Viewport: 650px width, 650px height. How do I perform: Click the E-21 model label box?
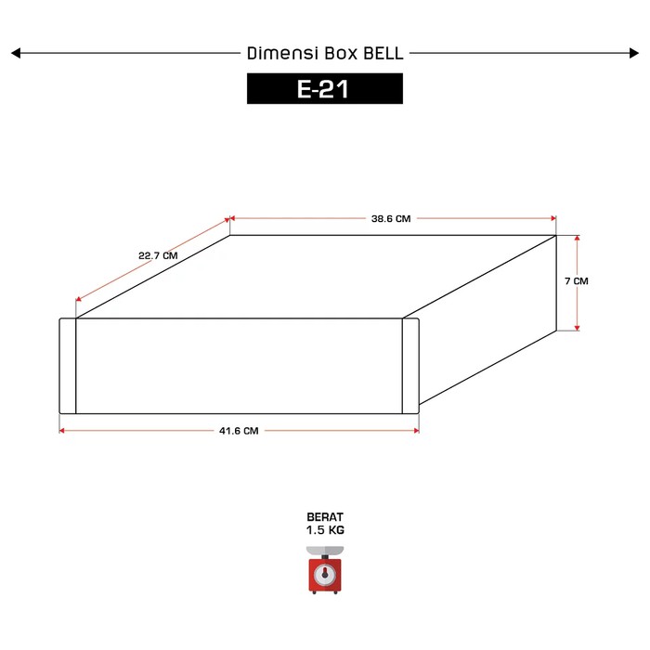[x=325, y=88]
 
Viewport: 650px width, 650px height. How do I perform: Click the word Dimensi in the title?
[x=282, y=53]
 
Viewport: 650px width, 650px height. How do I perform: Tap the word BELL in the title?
[x=383, y=53]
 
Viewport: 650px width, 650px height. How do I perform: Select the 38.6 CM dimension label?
[x=391, y=218]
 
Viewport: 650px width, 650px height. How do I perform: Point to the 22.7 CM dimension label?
[x=158, y=255]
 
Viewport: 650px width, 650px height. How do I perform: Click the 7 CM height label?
[x=577, y=281]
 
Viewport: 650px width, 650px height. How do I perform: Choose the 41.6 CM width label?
[x=239, y=431]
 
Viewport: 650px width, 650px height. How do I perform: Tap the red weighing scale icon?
[x=325, y=570]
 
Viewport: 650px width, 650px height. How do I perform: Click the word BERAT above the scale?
[x=325, y=517]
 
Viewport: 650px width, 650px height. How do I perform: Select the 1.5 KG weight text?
[x=325, y=530]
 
